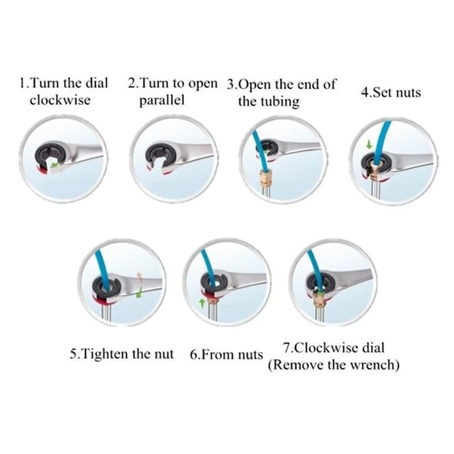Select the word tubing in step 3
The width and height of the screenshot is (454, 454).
coord(278,102)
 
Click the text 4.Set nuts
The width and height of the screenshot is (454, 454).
coord(391,93)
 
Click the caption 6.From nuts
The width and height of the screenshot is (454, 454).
coord(226,355)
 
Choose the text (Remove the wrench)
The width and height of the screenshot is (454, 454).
coord(333,364)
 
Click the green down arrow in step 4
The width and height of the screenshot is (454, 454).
coord(369,145)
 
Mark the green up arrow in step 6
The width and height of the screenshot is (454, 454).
coord(201,303)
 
